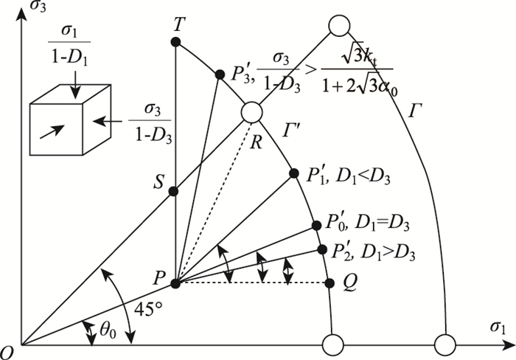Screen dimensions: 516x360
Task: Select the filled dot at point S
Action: point(174,192)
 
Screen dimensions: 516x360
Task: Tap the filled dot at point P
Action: point(175,283)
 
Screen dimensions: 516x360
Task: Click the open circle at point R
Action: point(251,112)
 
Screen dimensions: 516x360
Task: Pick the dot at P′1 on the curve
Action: point(292,170)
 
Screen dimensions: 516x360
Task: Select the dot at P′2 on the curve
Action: point(321,249)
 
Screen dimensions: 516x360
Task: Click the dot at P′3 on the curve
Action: point(219,75)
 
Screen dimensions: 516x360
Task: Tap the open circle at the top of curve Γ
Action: point(338,26)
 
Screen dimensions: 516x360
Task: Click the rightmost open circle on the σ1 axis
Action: point(445,345)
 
